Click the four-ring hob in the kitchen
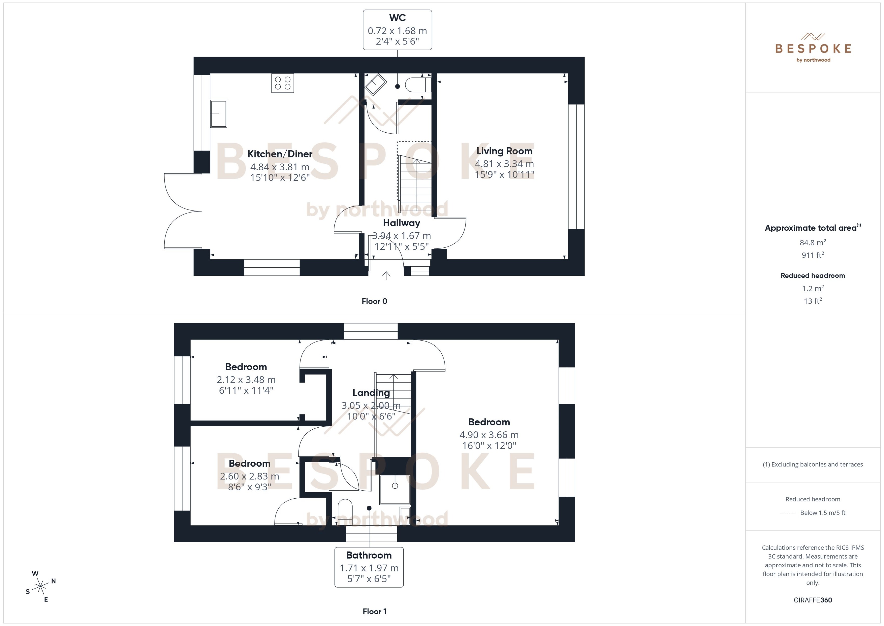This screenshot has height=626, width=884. (x=282, y=83)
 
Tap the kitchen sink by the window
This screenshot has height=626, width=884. (x=218, y=114)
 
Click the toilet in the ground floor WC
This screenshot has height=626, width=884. (x=417, y=84)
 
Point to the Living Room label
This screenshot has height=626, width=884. (x=504, y=151)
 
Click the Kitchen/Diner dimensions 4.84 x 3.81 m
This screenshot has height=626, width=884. (x=280, y=167)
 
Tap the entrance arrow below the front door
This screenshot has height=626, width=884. (x=386, y=275)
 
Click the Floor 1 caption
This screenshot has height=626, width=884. (x=374, y=611)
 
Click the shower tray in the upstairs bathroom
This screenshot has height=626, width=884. (x=395, y=490)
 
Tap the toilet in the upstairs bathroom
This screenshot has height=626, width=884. (x=345, y=512)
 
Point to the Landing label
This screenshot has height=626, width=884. (x=371, y=393)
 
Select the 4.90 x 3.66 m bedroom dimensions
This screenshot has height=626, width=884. (x=489, y=435)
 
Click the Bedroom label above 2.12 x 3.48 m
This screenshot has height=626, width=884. (x=246, y=367)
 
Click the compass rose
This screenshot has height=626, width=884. (x=40, y=587)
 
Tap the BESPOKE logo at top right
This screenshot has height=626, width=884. (x=813, y=48)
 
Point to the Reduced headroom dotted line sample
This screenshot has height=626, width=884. (x=787, y=513)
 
